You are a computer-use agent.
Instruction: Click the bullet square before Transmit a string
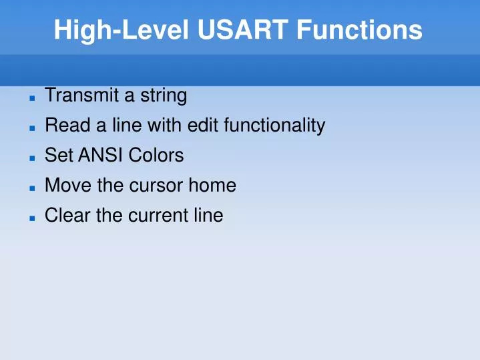[31, 98]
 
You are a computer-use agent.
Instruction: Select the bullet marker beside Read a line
[31, 128]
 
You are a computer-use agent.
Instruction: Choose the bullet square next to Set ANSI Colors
[31, 158]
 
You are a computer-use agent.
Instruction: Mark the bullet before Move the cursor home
[31, 188]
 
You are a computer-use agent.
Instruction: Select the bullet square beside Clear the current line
[31, 218]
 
